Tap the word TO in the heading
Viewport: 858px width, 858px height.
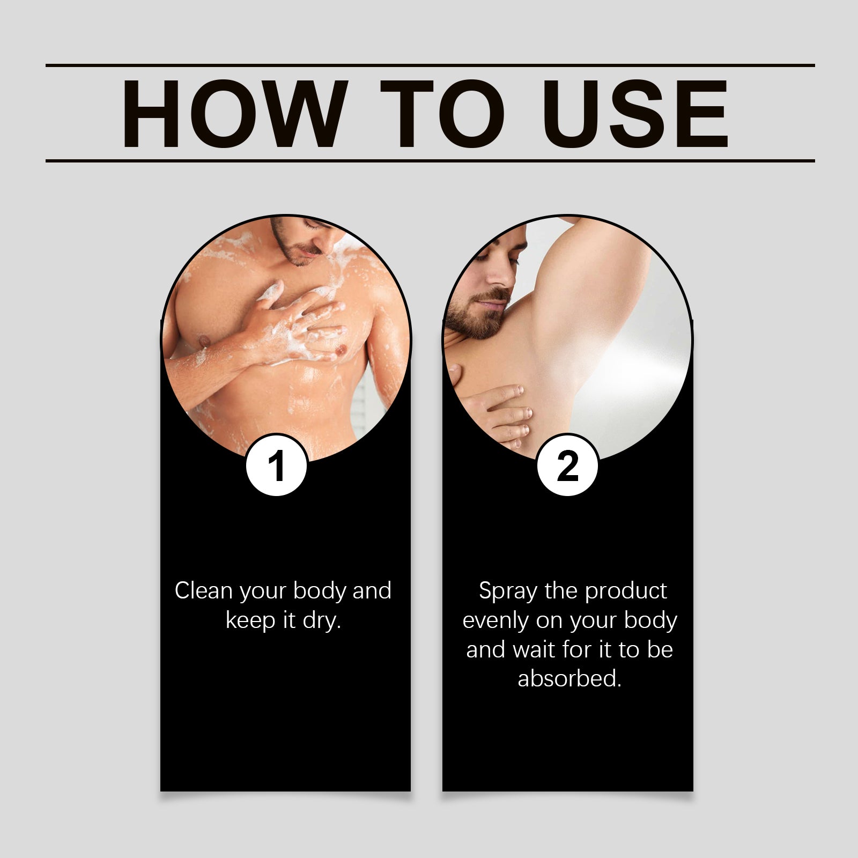[x=441, y=114]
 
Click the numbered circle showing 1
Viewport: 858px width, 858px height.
[x=277, y=465]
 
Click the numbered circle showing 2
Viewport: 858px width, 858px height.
[x=567, y=465]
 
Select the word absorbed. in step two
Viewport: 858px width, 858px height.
[x=569, y=679]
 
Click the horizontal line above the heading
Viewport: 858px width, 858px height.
[x=429, y=65]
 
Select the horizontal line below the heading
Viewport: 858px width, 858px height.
[x=429, y=160]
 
